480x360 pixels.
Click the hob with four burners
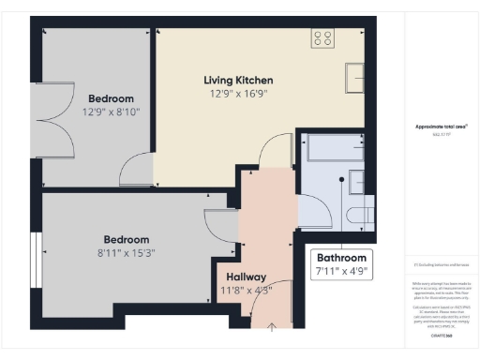(322, 37)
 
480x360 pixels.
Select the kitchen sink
(355, 76)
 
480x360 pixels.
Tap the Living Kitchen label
(238, 80)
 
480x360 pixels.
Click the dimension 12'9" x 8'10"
(111, 112)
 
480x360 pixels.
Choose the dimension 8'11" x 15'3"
(126, 253)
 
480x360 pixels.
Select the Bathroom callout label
(341, 258)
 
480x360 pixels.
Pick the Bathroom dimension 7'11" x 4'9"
(341, 272)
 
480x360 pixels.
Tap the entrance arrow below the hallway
(272, 326)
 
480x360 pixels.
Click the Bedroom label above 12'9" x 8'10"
(111, 98)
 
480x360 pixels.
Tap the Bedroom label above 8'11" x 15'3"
(126, 239)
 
